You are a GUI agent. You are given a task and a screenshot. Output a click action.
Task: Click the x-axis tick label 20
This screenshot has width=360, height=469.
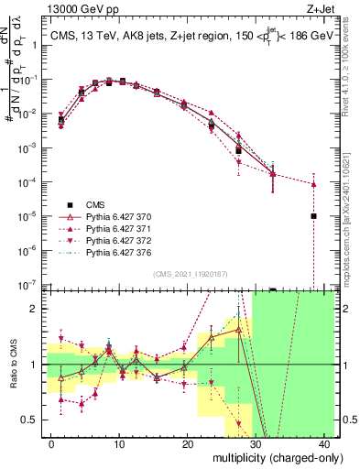coord(188,442)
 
